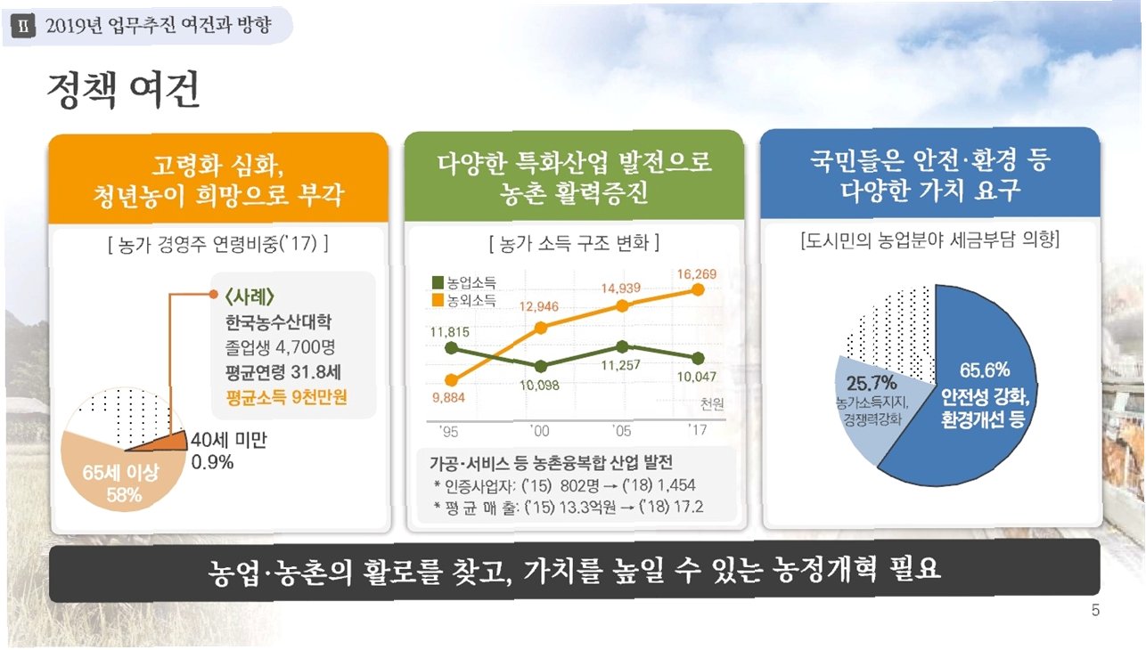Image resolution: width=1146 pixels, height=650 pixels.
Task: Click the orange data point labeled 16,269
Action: click(698, 289)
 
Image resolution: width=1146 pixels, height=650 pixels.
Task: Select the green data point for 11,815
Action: click(451, 348)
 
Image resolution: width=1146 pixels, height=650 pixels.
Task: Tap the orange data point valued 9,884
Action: click(451, 380)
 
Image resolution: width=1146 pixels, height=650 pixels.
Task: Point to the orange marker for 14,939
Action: click(622, 306)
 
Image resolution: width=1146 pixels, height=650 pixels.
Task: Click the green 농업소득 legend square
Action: click(438, 282)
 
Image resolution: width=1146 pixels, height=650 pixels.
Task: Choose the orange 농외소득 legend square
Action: click(438, 300)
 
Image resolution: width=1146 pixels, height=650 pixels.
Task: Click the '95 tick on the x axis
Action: click(448, 432)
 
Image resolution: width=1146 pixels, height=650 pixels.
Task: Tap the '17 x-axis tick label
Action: click(698, 430)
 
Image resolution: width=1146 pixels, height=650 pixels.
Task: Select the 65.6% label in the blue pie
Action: click(985, 370)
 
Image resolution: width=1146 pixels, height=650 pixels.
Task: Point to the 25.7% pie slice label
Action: click(872, 382)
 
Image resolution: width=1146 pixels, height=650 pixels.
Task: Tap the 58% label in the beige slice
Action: click(124, 495)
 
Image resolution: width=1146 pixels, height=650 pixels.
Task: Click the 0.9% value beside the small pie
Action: click(212, 462)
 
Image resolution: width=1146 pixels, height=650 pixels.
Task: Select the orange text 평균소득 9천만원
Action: click(287, 396)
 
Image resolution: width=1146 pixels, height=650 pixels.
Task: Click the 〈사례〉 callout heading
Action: click(250, 297)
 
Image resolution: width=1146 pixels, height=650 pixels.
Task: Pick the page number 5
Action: click(1095, 610)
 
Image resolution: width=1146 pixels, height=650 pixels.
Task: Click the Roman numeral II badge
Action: click(23, 26)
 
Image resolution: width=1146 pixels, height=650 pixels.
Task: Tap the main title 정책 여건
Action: click(123, 90)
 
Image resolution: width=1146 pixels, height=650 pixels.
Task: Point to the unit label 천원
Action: click(712, 404)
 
